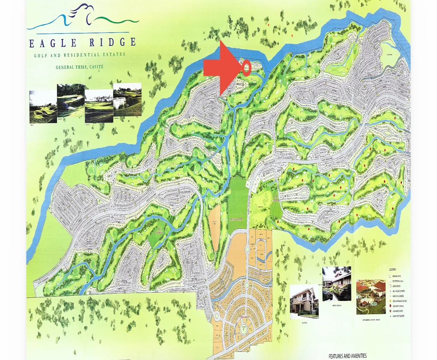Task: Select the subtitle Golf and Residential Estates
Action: click(80, 55)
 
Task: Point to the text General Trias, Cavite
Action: click(80, 67)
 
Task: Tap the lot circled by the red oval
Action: click(246, 67)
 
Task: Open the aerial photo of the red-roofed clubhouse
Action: click(371, 297)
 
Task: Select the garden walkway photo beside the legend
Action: click(336, 283)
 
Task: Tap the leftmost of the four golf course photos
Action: click(43, 106)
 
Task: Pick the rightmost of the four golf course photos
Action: click(127, 99)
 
